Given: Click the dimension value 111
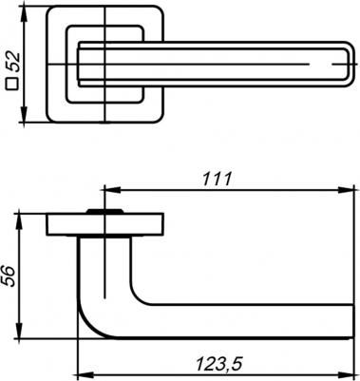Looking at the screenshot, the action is [x=218, y=180].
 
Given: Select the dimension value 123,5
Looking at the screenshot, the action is [x=219, y=364].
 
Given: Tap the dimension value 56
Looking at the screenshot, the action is [x=9, y=276].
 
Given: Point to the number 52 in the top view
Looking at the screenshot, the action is [x=13, y=62].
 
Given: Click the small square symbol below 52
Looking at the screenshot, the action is [x=12, y=85].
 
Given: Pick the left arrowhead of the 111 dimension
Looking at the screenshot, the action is [x=112, y=190].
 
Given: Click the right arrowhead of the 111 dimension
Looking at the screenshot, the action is [x=346, y=190].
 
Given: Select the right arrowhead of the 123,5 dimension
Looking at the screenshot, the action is [x=346, y=373].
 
